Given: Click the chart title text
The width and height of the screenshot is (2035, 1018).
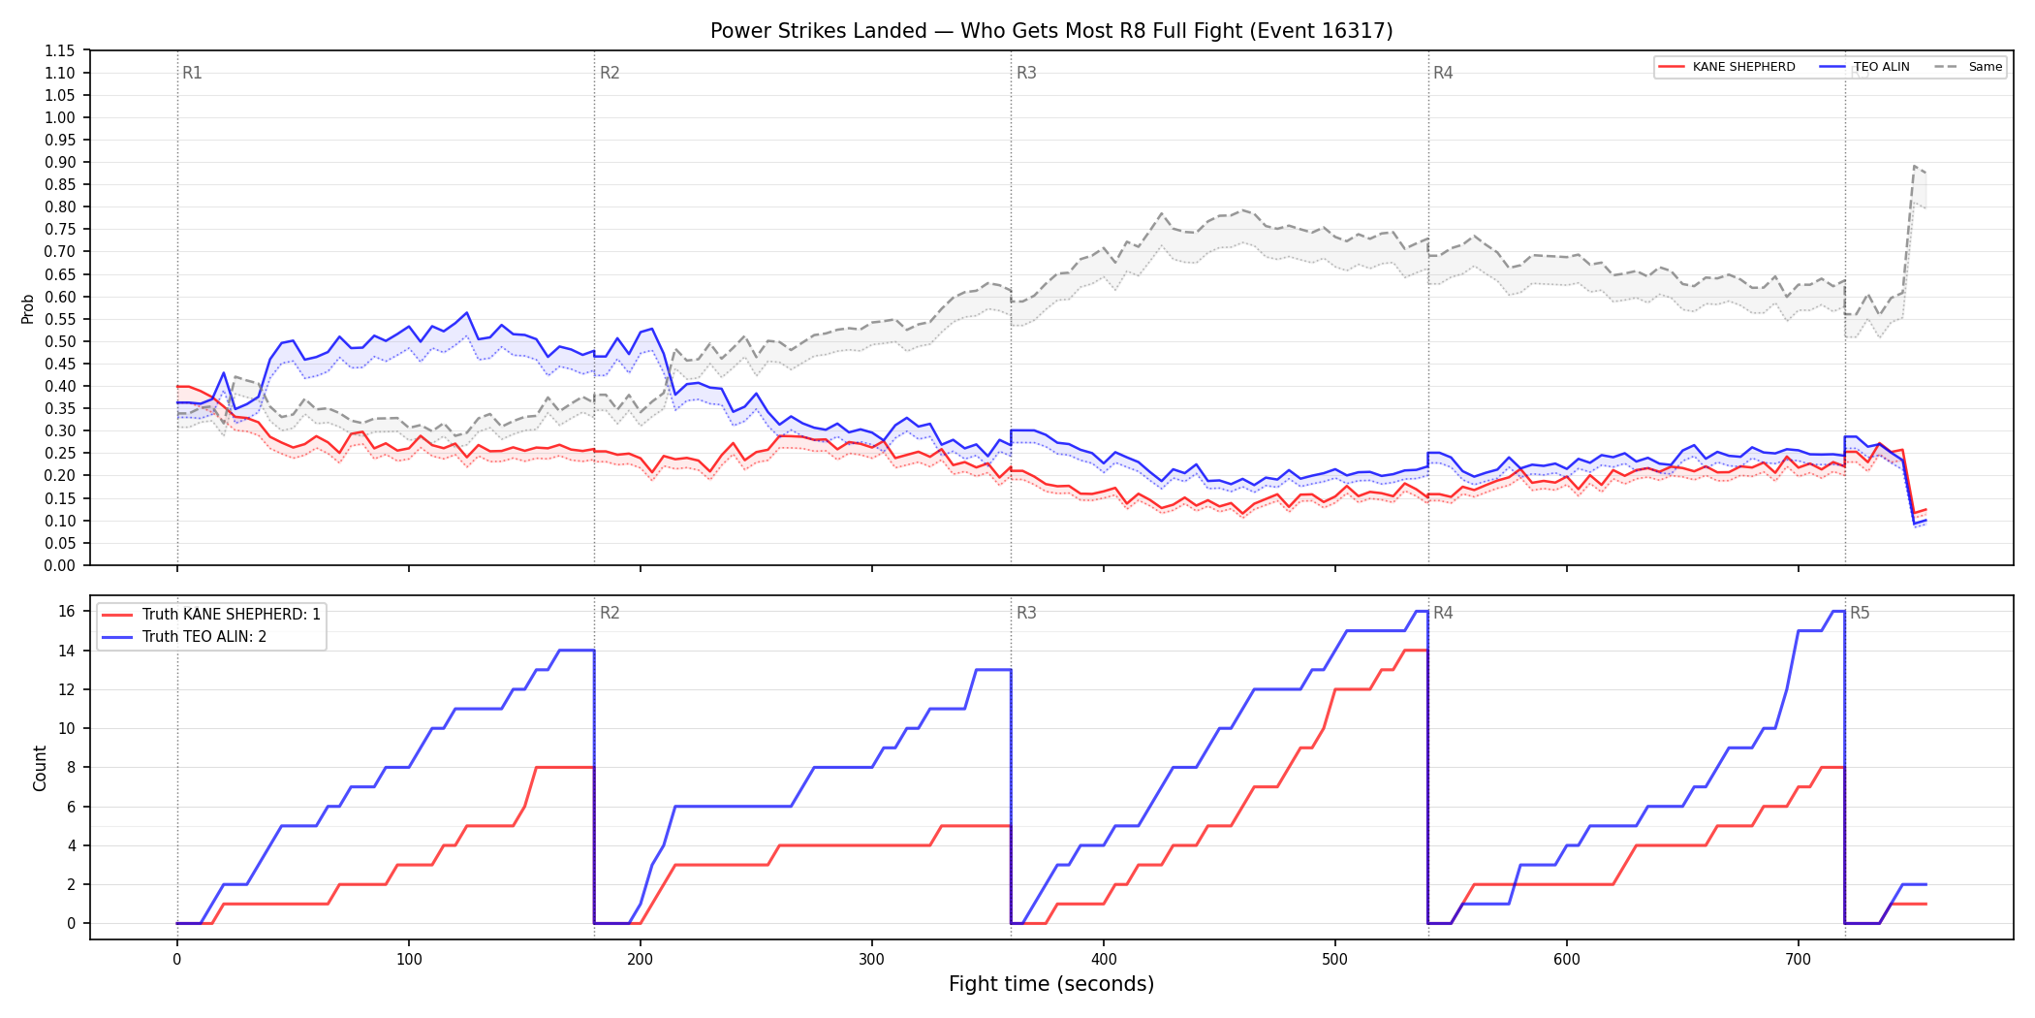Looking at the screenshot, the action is coord(1051,31).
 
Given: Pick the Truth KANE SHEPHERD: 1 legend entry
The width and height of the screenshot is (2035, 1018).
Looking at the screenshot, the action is coord(211,615).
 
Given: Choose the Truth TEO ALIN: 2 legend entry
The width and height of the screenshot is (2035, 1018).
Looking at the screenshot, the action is coord(184,637).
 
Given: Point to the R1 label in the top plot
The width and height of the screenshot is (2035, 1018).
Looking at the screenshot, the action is coord(192,73).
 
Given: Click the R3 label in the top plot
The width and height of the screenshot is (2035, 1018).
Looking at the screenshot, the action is coord(1026,73).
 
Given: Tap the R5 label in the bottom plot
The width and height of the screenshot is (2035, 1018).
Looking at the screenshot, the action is coord(1860,613).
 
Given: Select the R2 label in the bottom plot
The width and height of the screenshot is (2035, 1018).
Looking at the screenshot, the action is coord(610,613).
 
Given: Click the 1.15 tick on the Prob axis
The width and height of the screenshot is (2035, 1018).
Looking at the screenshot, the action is coord(60,50).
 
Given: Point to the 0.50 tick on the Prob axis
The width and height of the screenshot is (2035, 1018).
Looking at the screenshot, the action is coord(60,341).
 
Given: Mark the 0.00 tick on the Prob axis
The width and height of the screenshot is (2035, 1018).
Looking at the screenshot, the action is coord(60,565).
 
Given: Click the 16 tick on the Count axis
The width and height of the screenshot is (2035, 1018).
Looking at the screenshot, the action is coord(67,611).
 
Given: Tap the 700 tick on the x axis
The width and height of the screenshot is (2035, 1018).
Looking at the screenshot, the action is coord(1799,959).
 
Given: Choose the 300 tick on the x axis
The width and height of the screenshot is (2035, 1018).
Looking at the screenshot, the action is coord(872,959).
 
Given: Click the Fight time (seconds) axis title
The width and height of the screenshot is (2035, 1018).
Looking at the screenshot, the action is coord(1051,984).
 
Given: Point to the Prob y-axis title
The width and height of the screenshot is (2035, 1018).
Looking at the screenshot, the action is coord(28,308).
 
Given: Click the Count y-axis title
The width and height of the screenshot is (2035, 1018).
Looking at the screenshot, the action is coord(40,768).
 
